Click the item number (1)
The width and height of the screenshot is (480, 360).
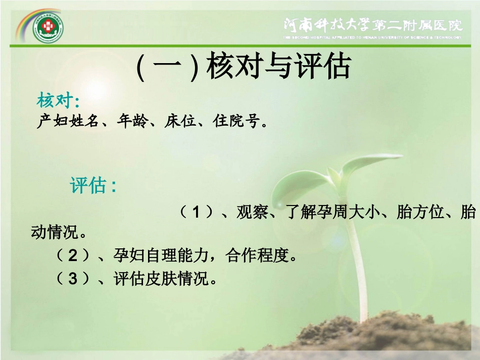click(197, 213)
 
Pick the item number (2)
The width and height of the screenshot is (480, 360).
click(74, 256)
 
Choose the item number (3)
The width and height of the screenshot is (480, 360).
click(74, 278)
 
